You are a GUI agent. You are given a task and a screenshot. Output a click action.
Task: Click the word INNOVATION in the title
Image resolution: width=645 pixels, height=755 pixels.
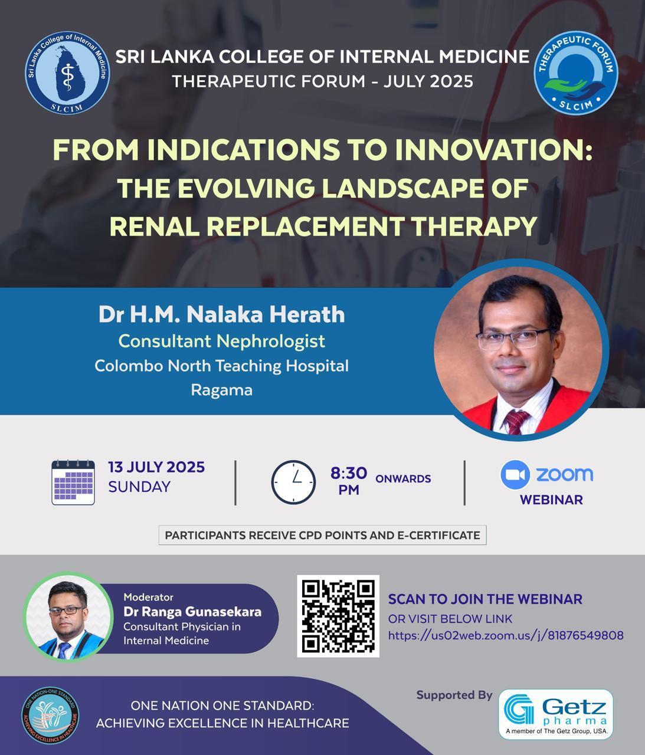tap(493, 150)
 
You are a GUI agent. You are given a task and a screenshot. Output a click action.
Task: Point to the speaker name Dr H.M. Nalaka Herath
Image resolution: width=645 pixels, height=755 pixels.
tap(221, 314)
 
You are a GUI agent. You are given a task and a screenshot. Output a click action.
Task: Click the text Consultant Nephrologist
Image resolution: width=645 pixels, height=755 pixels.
tap(221, 341)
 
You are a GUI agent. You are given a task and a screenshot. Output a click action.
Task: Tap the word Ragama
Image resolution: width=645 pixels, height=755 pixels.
tap(221, 390)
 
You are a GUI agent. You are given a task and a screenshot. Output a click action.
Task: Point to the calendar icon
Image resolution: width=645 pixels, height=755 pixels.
tap(73, 482)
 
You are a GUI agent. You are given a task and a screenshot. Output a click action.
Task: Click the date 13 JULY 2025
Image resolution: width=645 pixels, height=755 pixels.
tap(156, 467)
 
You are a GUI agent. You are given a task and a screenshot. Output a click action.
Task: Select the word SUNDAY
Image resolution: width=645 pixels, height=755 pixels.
tap(139, 487)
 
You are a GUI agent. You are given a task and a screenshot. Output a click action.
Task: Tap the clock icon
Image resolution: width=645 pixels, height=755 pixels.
tap(293, 482)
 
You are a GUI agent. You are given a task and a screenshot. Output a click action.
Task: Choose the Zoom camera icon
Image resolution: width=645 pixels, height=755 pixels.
tap(515, 475)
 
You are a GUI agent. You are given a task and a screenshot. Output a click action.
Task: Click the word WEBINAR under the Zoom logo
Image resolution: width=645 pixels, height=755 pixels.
tap(551, 500)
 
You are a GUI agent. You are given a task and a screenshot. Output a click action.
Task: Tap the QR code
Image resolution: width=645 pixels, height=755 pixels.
tap(338, 616)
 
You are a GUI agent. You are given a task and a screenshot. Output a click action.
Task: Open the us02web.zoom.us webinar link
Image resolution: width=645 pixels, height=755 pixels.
tap(505, 635)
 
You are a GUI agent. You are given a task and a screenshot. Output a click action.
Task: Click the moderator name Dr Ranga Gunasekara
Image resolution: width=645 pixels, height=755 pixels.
tap(192, 612)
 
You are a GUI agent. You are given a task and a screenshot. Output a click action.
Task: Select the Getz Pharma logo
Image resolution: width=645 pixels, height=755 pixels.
tap(556, 714)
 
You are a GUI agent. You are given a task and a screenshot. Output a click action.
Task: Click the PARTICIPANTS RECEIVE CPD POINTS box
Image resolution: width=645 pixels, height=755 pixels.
tap(322, 535)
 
